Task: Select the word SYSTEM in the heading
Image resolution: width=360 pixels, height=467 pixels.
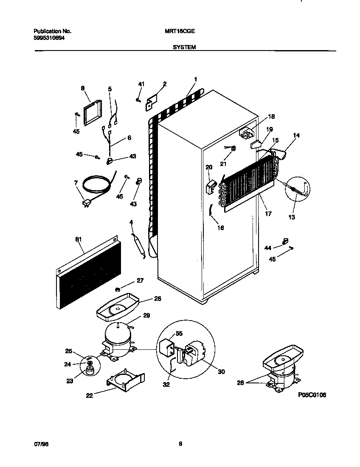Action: (184, 48)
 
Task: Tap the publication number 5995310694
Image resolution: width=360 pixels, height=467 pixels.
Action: (49, 38)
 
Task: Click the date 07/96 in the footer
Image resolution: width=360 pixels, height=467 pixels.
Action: (39, 444)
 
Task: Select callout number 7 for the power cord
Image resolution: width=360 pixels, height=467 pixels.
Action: (76, 183)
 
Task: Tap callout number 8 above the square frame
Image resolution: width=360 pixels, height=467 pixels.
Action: (82, 88)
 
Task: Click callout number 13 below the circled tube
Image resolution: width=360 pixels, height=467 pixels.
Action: (291, 217)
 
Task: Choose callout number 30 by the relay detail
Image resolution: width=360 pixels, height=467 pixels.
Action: (222, 372)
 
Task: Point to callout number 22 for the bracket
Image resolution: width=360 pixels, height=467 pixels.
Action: (89, 395)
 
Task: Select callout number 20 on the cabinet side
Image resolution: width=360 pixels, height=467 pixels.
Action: (208, 167)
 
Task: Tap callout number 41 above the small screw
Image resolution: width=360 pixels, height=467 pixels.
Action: (141, 84)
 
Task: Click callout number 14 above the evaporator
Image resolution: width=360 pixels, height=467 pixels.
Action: (296, 135)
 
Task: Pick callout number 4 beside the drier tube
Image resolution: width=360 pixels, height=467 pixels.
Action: (131, 222)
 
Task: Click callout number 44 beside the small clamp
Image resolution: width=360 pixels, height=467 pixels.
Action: (268, 247)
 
